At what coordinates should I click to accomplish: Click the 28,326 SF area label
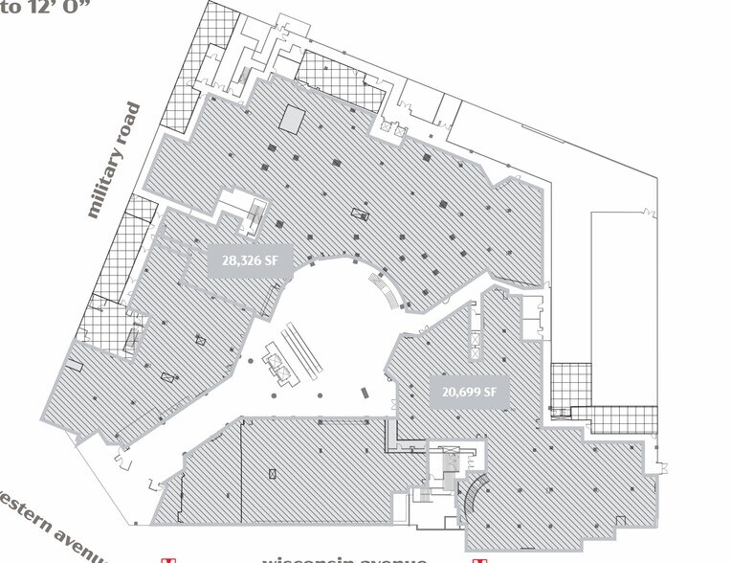pyautogui.click(x=249, y=260)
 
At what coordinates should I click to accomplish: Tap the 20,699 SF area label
pyautogui.click(x=468, y=392)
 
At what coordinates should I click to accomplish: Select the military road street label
pyautogui.click(x=114, y=161)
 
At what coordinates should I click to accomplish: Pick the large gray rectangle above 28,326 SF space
pyautogui.click(x=292, y=121)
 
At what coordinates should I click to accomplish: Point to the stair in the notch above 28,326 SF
pyautogui.click(x=255, y=213)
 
